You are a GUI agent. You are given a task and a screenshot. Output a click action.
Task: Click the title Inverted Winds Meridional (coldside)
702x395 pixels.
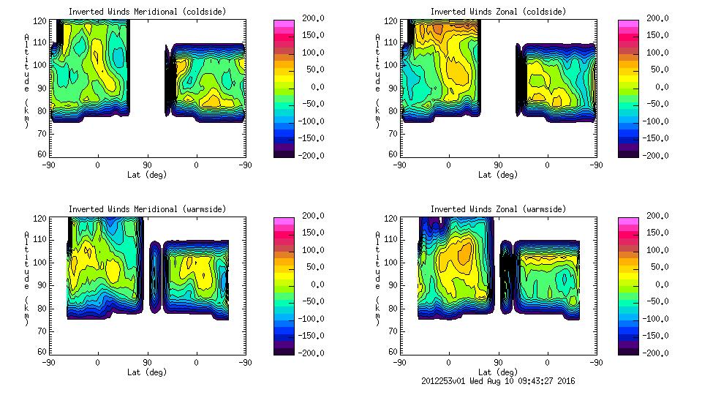click(147, 12)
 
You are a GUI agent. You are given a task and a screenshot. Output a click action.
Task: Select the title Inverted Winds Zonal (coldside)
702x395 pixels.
click(498, 12)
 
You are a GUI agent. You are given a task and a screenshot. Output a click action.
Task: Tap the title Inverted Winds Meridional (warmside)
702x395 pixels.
click(147, 209)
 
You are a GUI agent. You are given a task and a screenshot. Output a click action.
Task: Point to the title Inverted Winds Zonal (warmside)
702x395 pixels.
click(498, 209)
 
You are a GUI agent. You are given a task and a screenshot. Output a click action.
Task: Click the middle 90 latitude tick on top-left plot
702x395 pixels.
click(147, 165)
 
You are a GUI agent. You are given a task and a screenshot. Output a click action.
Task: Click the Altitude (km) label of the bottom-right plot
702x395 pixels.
click(377, 278)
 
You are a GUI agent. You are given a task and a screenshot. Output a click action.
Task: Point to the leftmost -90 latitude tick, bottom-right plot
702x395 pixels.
click(399, 362)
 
